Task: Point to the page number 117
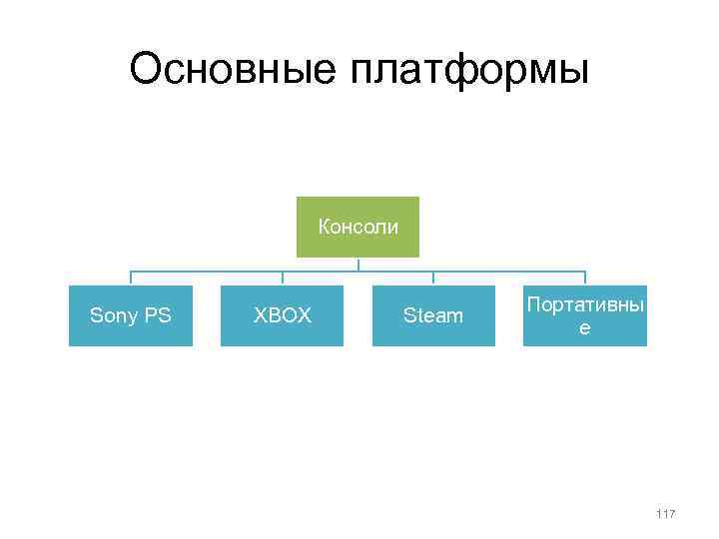(666, 514)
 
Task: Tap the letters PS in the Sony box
(158, 316)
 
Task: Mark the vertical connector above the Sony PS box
(131, 278)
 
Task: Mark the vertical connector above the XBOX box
(282, 278)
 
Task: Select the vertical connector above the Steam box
(433, 278)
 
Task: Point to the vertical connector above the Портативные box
(585, 278)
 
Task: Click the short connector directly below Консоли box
(359, 265)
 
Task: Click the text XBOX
(282, 316)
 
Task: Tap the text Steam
(433, 316)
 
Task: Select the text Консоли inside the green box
(358, 227)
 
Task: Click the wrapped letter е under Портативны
(585, 326)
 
